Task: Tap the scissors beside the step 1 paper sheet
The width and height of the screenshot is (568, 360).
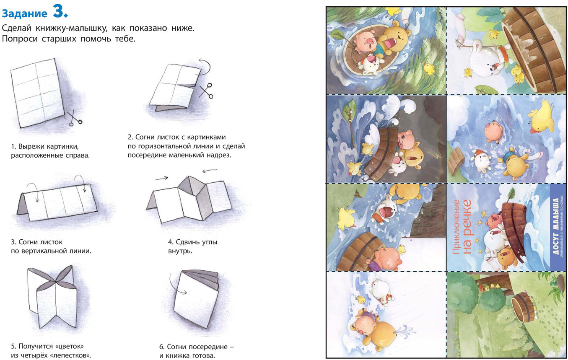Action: [x=75, y=118]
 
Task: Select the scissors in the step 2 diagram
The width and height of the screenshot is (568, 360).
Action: [x=206, y=91]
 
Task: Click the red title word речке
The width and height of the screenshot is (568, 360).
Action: [x=467, y=227]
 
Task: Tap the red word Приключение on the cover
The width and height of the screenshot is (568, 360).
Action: [x=456, y=227]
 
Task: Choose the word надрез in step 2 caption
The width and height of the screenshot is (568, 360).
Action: [x=218, y=155]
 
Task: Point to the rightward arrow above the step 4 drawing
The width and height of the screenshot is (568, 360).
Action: [x=161, y=178]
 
